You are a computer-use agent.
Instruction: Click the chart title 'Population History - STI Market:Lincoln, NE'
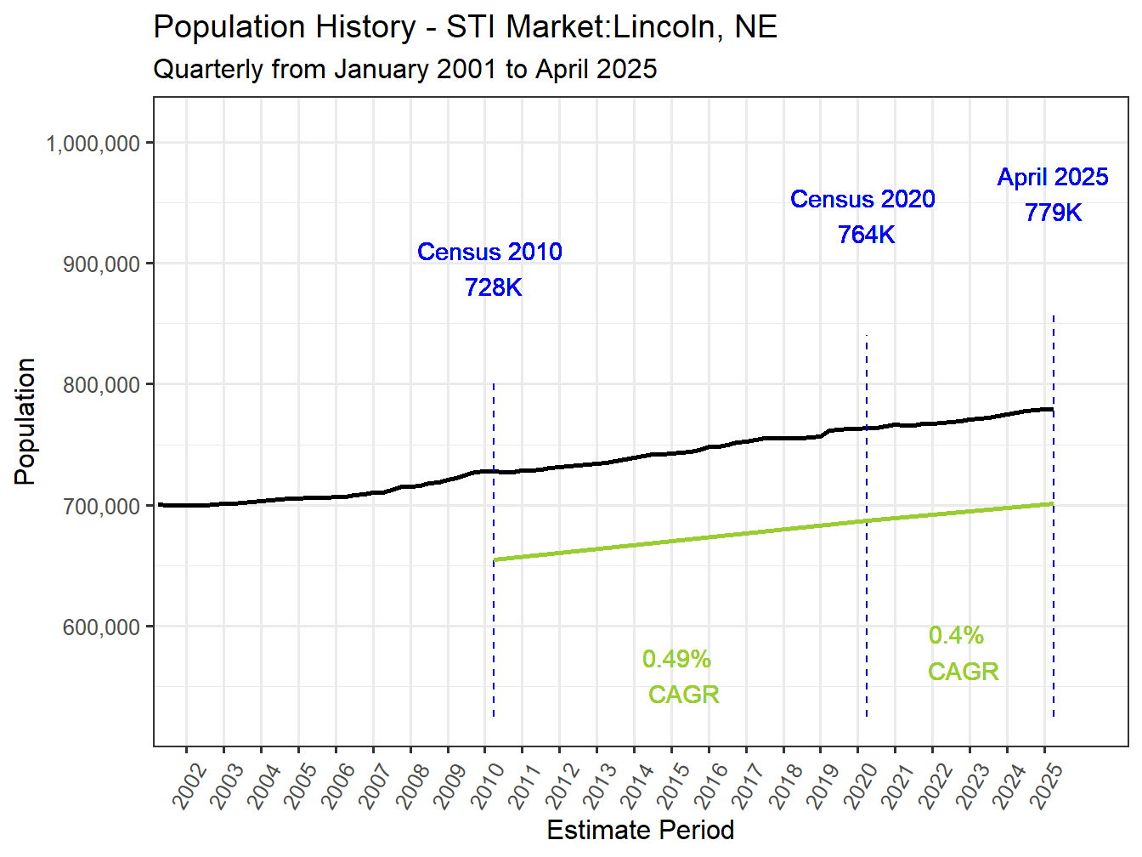tap(465, 27)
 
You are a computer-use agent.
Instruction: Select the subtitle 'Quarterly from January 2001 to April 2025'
tap(404, 69)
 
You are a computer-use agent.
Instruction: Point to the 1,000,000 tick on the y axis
tap(93, 144)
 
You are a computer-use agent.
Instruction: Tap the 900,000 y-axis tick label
tap(101, 264)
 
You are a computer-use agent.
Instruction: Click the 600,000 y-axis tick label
tap(101, 627)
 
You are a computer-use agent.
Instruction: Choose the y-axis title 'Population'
tap(25, 422)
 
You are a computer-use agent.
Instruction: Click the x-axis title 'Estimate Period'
tap(640, 830)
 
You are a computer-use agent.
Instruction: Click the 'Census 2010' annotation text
tap(489, 252)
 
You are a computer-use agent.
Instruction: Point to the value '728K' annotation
tap(493, 287)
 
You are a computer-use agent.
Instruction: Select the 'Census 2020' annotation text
tap(862, 199)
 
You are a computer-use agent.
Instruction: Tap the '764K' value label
tap(866, 235)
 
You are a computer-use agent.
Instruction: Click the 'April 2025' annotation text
tap(1053, 177)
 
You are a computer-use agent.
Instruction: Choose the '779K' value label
tap(1053, 213)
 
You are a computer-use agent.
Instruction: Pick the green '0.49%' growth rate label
tap(676, 659)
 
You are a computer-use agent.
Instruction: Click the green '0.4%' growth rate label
tap(956, 635)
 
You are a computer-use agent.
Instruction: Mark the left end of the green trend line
tap(495, 559)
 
